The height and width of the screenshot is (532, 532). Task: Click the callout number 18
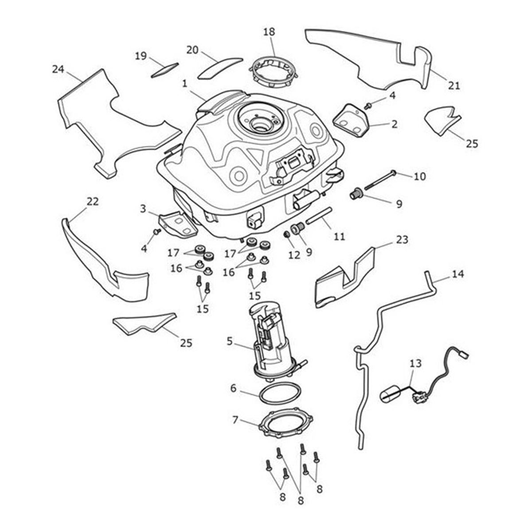coord(269,32)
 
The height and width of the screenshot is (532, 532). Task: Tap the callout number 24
coord(58,69)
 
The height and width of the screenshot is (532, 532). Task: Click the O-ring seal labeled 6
coord(279,394)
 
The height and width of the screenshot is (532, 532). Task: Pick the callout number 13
coord(415,364)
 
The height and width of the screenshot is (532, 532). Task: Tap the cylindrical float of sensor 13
coord(391,395)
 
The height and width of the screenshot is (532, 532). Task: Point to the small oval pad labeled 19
coord(164,70)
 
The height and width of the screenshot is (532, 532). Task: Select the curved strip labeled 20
coord(220,68)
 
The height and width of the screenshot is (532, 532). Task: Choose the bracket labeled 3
coord(177,224)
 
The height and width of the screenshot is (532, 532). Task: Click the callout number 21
coord(454,86)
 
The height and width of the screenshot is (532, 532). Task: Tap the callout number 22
coord(92,201)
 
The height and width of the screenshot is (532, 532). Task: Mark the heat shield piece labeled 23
coord(346,279)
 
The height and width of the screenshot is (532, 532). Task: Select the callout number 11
coord(339,237)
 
